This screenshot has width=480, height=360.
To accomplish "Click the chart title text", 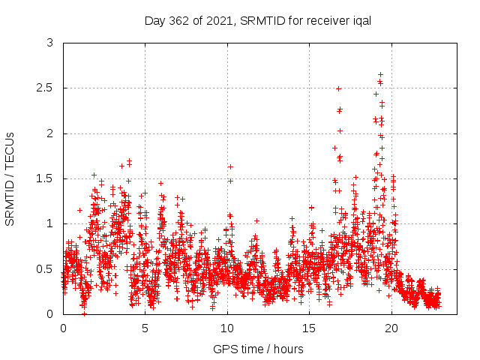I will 258,20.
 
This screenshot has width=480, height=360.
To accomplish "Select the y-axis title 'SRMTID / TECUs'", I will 10,178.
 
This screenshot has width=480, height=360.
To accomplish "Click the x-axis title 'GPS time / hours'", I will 258,349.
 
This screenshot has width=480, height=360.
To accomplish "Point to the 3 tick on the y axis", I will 50,43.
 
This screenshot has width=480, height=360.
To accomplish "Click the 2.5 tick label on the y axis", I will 46,88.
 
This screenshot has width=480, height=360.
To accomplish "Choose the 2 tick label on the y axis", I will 50,133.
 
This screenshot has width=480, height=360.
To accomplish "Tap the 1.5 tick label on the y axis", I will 46,178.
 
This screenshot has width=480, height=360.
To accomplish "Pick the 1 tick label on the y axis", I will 50,223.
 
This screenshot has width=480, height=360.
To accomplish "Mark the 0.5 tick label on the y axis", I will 46,268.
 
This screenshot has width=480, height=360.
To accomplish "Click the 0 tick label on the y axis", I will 50,313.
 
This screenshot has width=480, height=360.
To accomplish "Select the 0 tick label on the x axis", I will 63,328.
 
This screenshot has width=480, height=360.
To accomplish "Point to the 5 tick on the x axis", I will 145,328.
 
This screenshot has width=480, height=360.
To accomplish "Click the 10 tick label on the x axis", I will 227,328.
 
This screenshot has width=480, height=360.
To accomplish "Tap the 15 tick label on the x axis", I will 310,328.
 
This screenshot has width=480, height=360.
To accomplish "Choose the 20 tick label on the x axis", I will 391,328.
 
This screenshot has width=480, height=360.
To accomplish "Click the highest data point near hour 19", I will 381,74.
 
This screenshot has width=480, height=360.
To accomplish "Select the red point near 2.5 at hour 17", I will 338,88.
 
